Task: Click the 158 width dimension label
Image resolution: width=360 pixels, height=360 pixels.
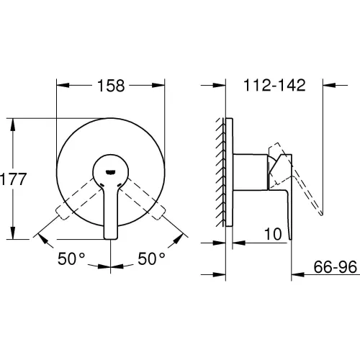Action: (x=111, y=86)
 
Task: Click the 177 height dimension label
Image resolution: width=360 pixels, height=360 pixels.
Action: (x=13, y=179)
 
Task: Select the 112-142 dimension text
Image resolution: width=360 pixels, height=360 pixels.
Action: (x=274, y=85)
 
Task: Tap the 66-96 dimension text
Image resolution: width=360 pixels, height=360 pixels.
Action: (x=336, y=267)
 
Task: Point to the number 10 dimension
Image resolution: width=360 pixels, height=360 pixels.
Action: (x=273, y=234)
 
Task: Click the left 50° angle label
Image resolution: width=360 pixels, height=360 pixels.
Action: (x=71, y=258)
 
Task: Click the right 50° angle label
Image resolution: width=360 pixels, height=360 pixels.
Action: (x=151, y=258)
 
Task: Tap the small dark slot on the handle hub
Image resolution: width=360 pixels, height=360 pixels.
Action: (x=111, y=171)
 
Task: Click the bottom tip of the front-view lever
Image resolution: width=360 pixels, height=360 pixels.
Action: (x=111, y=238)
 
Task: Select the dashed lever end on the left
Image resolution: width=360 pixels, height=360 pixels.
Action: (x=61, y=213)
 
